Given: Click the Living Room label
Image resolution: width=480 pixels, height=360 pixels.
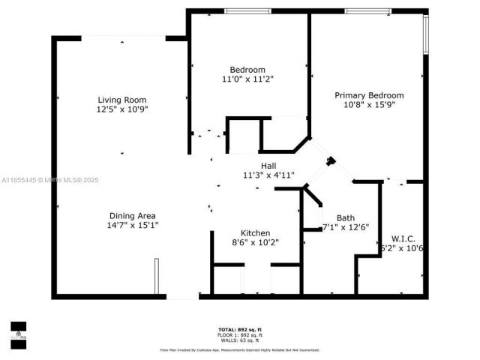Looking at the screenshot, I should [x=121, y=100].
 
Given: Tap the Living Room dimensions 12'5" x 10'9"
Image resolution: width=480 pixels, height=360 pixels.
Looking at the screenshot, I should [x=121, y=109].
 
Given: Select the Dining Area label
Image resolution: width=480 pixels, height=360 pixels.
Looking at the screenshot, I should [x=133, y=215].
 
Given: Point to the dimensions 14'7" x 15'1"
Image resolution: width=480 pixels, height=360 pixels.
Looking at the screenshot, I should [x=133, y=225].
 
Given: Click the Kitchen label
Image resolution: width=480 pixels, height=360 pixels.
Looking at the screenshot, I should [x=255, y=233].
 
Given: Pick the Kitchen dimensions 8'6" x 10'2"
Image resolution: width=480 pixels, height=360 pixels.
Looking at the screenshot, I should [x=255, y=243].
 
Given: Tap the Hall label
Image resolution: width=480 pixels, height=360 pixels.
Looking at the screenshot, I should [x=268, y=166].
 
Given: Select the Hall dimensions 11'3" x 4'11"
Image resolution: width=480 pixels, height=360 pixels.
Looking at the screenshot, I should [x=268, y=175].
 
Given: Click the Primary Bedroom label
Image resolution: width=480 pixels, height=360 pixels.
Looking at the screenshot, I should [x=369, y=95].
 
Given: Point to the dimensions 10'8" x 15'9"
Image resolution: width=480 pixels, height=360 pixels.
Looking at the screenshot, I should [x=369, y=105].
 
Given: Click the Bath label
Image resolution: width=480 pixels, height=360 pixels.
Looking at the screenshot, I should [x=345, y=217].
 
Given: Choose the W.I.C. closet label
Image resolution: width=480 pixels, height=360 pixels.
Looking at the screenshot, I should [x=403, y=238].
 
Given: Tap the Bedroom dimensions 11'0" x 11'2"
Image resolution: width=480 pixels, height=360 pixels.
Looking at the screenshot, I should [x=248, y=79].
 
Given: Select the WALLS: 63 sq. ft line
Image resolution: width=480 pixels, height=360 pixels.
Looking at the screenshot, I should [x=239, y=340].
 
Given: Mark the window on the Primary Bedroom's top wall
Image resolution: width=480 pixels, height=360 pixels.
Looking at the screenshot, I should [x=367, y=10].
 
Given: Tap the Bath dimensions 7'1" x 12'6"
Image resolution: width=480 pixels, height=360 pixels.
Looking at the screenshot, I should [x=346, y=228].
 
